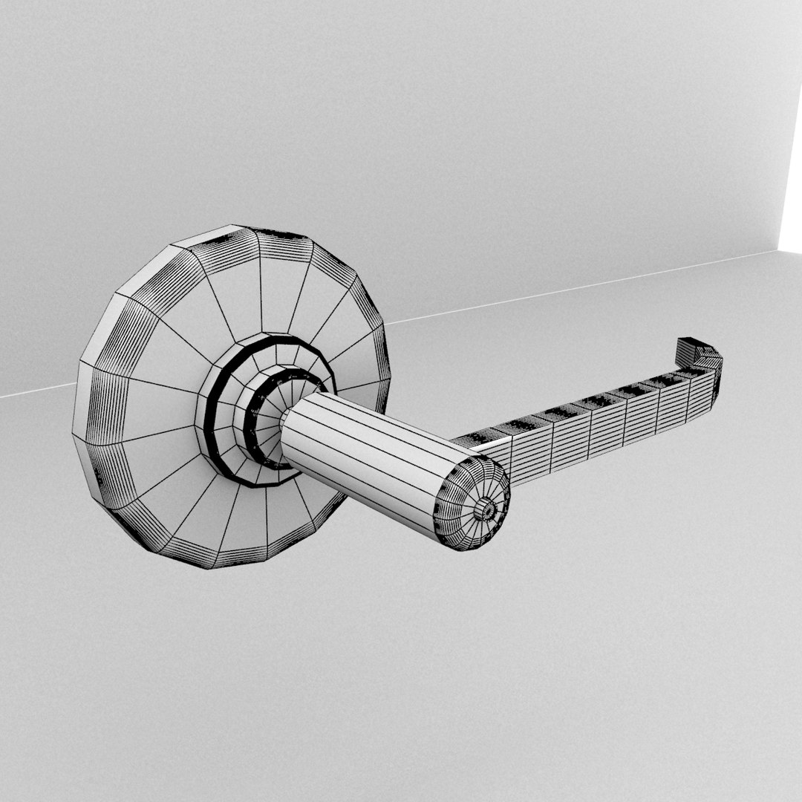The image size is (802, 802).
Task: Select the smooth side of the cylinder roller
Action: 371,453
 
